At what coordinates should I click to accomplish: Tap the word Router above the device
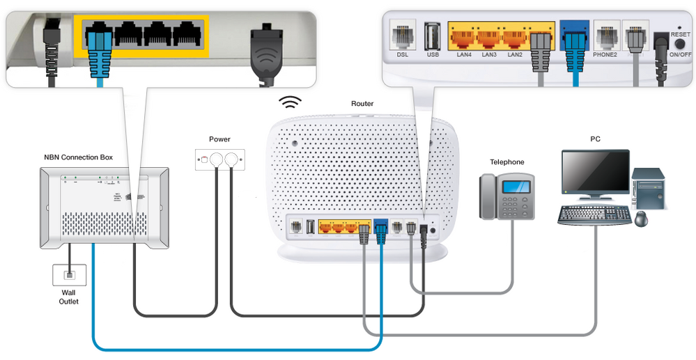click(x=362, y=104)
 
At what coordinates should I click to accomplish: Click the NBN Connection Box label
click(x=78, y=157)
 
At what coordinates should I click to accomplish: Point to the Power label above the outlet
click(x=219, y=139)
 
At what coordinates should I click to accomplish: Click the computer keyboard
click(x=593, y=214)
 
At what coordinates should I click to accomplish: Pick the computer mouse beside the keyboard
click(x=640, y=219)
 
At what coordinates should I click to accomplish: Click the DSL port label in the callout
click(x=403, y=54)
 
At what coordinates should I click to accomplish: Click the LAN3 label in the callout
click(x=489, y=54)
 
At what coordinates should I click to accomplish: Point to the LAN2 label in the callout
click(x=515, y=54)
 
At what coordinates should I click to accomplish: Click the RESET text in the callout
click(x=680, y=33)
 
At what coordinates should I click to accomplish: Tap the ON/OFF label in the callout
click(x=680, y=54)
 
